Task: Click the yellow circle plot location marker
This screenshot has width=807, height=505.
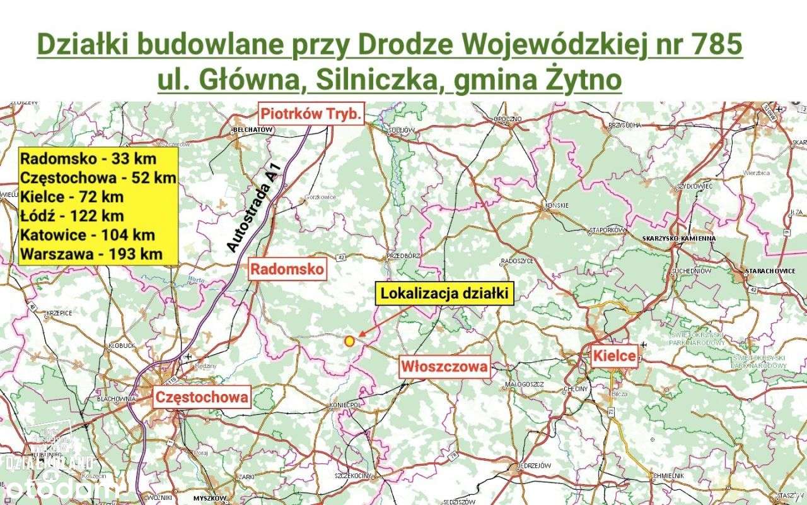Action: (349, 341)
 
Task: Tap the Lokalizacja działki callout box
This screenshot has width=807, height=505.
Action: (445, 294)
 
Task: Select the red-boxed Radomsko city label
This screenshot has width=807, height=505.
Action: (288, 270)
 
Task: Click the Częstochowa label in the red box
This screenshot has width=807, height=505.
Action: (202, 397)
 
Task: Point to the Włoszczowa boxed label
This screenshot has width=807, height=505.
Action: (445, 367)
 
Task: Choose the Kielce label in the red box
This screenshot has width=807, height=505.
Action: (614, 356)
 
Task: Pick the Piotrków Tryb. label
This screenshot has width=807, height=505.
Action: (312, 114)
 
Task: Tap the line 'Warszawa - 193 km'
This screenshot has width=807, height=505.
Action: (91, 254)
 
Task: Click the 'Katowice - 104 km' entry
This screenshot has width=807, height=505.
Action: (87, 235)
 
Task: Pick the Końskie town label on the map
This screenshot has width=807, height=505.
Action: (558, 205)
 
